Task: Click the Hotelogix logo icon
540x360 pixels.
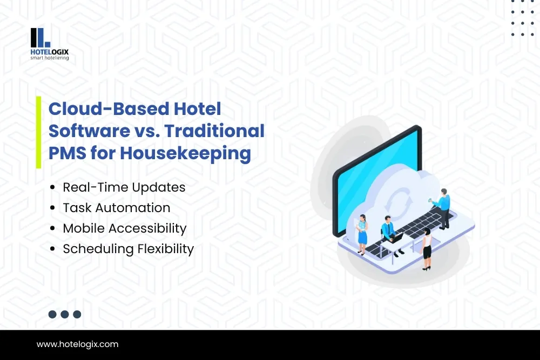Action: [40, 38]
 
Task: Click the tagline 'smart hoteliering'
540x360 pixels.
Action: [50, 58]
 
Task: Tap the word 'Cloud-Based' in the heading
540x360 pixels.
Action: [109, 109]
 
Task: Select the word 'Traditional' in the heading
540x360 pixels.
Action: [214, 131]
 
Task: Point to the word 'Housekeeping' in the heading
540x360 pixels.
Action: [185, 153]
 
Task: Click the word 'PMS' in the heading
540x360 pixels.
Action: [67, 153]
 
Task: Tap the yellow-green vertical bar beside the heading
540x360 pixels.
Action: [38, 132]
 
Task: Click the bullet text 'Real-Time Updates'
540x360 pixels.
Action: [124, 188]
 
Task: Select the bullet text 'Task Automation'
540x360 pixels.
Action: [117, 208]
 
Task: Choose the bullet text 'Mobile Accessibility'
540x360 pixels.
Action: [125, 228]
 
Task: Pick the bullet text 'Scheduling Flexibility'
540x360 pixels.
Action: [128, 249]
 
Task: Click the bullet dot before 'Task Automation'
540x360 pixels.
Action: [52, 208]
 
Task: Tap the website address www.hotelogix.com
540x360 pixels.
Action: [77, 344]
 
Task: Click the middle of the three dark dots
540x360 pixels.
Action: [65, 314]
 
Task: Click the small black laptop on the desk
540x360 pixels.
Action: [398, 237]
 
